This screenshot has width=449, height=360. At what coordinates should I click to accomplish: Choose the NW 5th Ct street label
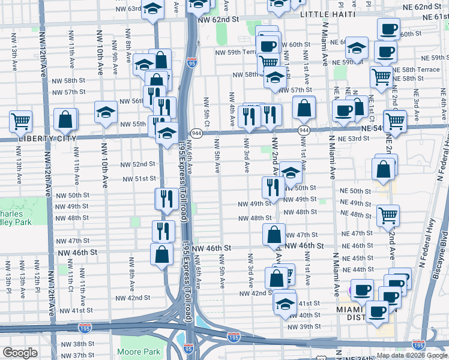point(206,112)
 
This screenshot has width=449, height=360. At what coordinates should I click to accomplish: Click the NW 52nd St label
point(138,164)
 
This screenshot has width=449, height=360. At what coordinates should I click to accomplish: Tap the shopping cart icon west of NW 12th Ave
point(20,121)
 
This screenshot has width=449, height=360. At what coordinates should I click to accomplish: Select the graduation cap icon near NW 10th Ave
point(106,112)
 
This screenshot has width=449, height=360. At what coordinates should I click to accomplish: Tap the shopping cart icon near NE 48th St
point(388,214)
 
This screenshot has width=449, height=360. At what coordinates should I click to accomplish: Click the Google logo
point(20,353)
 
